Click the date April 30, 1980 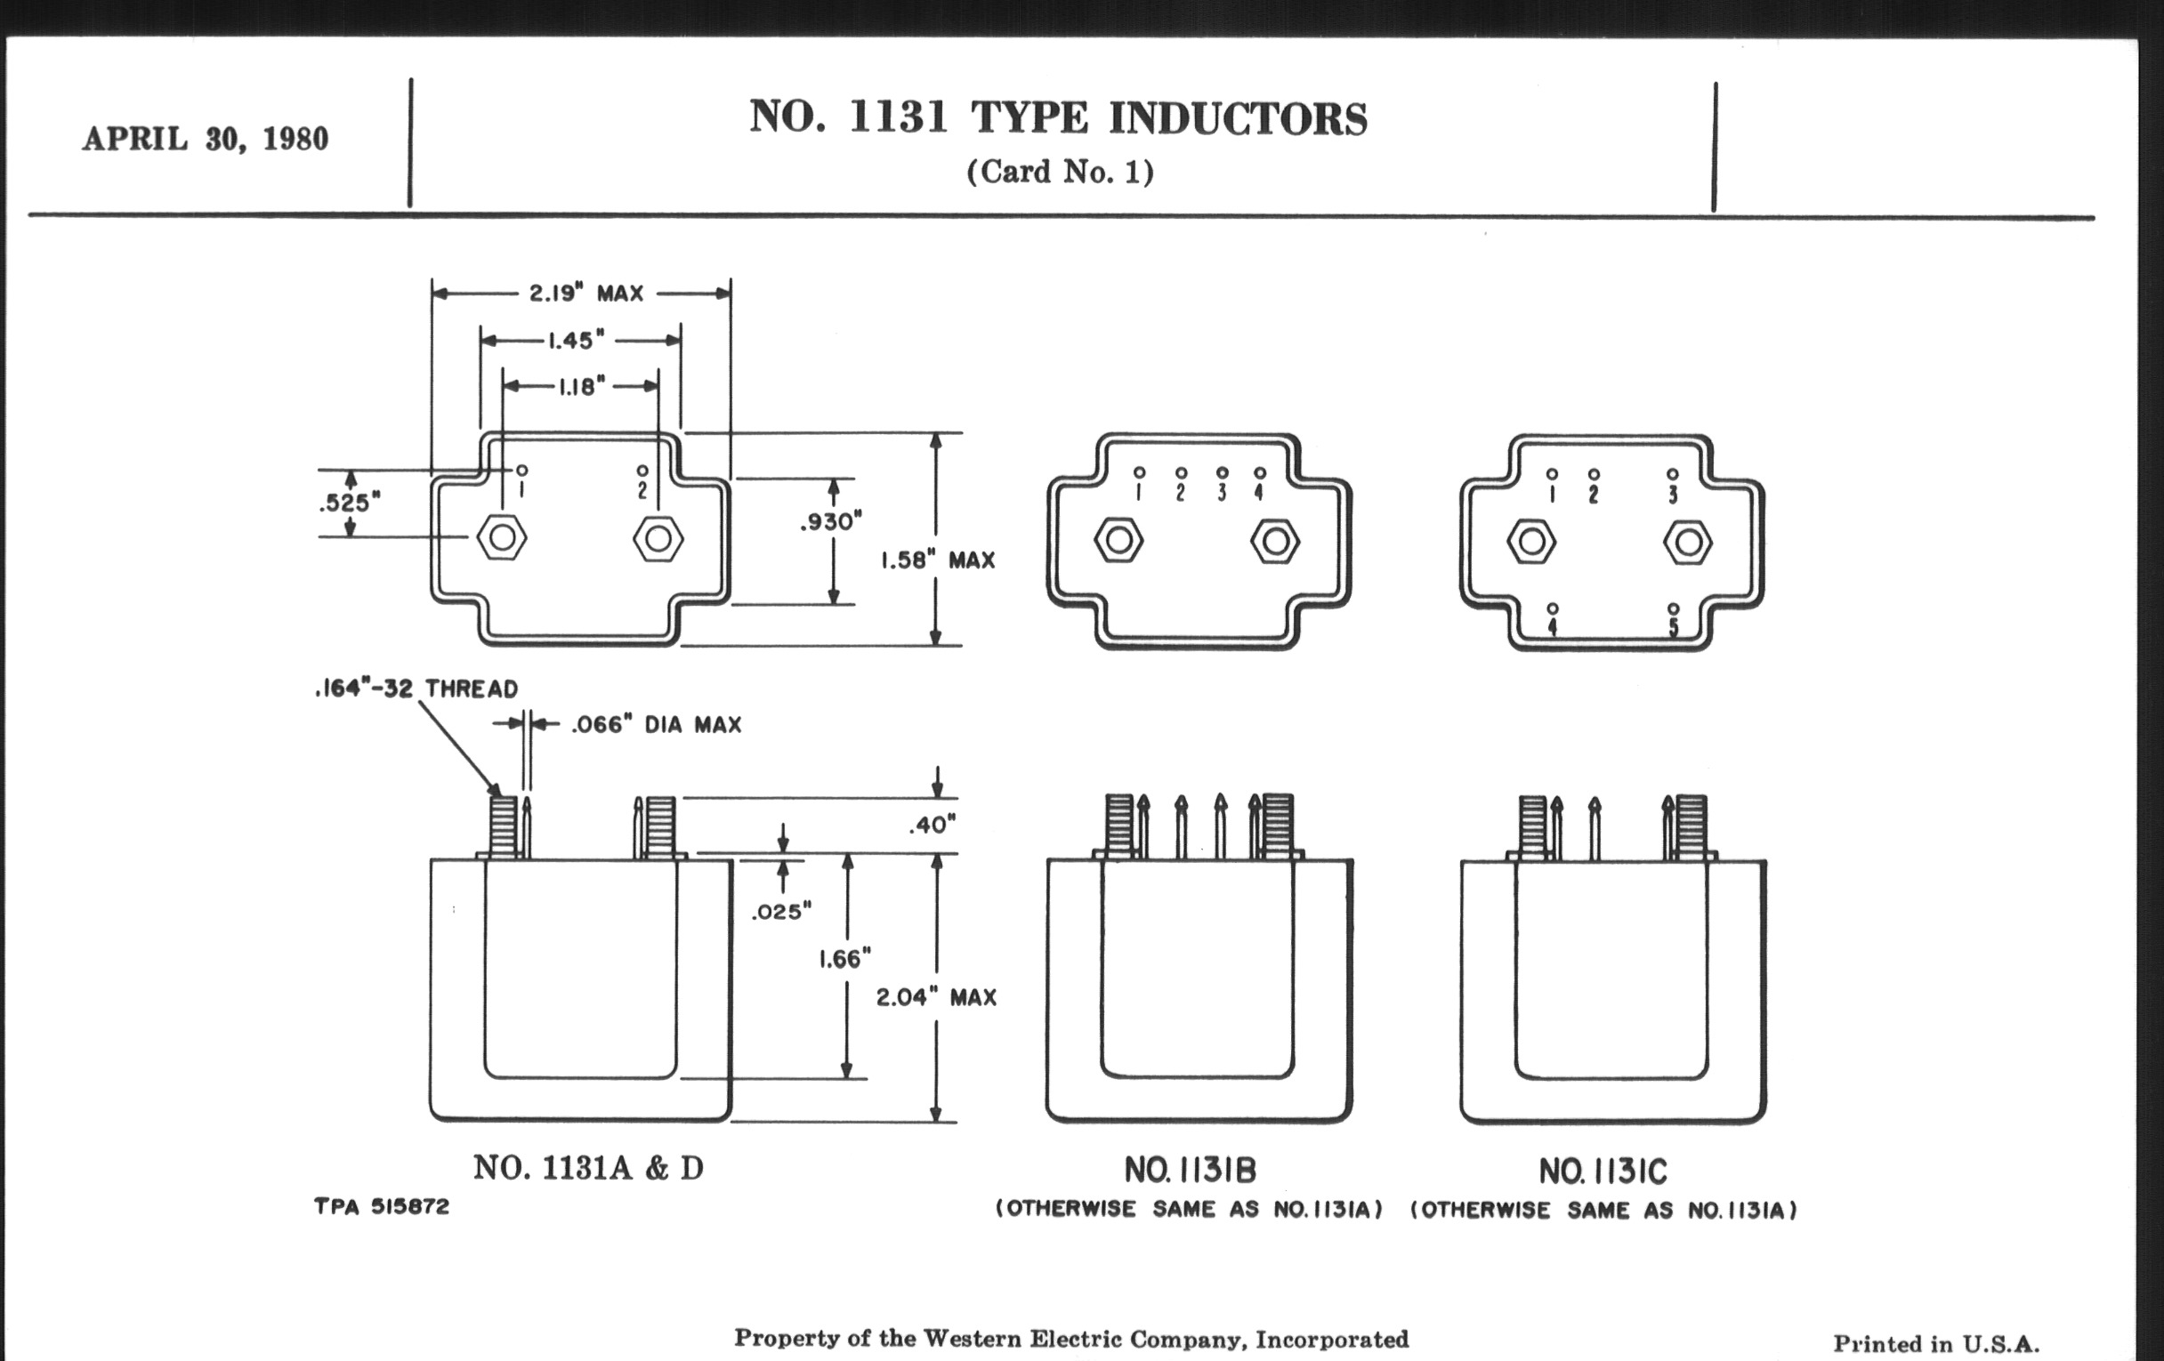click(205, 140)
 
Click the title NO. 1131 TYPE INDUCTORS click(1058, 117)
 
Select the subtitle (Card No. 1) click(1060, 172)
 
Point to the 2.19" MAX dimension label click(585, 294)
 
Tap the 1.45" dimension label click(576, 341)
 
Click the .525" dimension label click(350, 503)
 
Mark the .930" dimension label click(831, 521)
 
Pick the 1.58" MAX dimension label click(937, 560)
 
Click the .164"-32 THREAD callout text click(417, 689)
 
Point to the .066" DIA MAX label click(656, 725)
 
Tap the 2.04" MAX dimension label click(936, 997)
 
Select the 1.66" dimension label click(844, 960)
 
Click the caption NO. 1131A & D click(588, 1168)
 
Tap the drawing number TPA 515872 click(382, 1206)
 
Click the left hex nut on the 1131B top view click(1118, 541)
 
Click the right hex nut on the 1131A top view click(658, 538)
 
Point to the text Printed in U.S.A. click(1935, 1344)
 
